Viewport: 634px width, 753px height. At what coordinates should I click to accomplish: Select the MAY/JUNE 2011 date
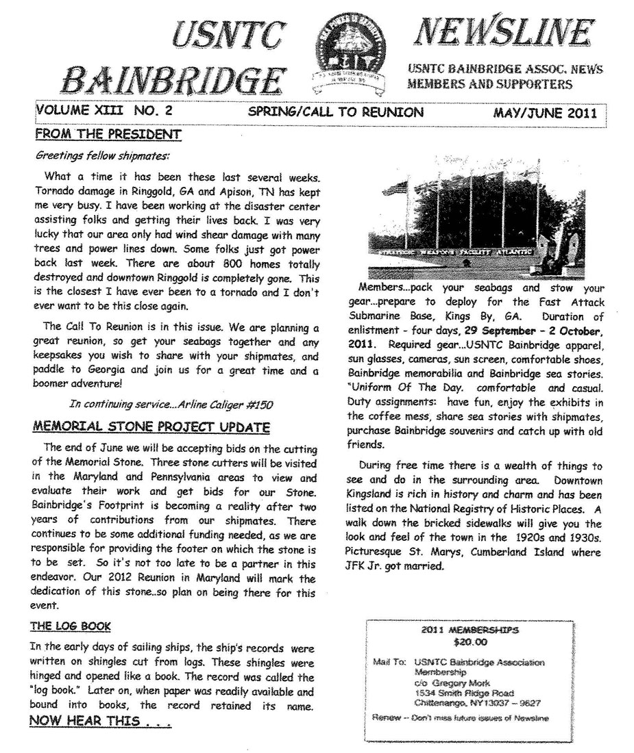click(545, 112)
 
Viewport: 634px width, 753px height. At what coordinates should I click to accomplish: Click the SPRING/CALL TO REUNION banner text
click(336, 112)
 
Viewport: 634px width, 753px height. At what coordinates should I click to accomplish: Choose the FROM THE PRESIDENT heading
click(108, 133)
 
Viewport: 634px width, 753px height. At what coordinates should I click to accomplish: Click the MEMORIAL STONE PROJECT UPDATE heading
click(151, 428)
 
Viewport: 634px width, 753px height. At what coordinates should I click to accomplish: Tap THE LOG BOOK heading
click(70, 626)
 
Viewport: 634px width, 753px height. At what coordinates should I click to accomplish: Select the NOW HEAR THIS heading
click(100, 721)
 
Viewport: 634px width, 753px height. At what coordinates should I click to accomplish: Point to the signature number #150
click(258, 405)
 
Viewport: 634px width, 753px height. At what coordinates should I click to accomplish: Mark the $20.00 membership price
click(470, 642)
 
